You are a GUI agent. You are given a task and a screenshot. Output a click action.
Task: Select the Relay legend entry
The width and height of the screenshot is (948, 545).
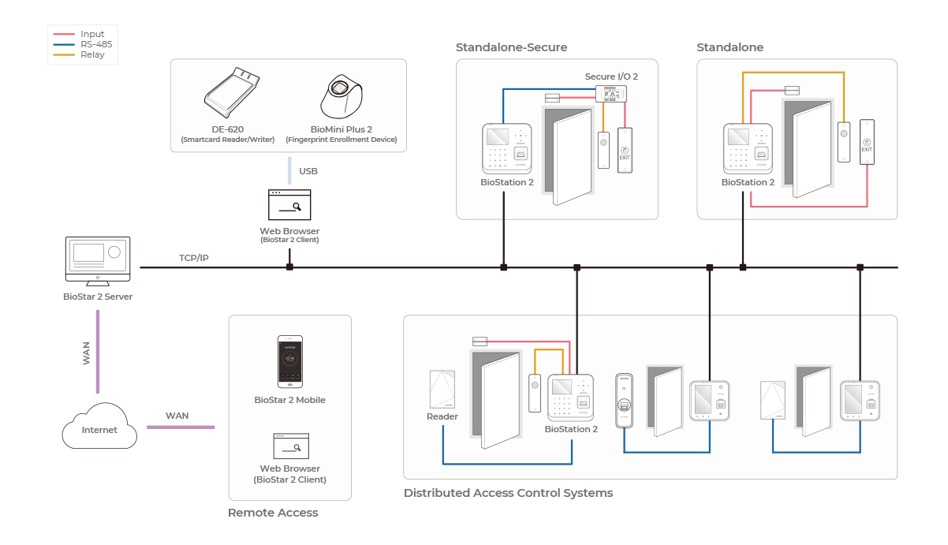(x=91, y=54)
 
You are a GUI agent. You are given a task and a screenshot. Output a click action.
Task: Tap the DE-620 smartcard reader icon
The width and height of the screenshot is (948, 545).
(x=233, y=98)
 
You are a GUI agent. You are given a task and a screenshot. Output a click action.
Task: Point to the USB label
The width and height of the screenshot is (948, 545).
(x=308, y=170)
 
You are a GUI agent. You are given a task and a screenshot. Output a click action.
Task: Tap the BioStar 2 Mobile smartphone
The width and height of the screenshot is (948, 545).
(x=289, y=362)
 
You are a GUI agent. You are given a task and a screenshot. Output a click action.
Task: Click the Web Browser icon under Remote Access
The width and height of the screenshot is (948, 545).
(x=289, y=446)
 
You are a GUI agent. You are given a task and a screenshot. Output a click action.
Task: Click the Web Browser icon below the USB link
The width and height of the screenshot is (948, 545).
(x=289, y=205)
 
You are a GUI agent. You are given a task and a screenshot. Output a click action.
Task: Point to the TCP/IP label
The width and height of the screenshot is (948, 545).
(x=194, y=258)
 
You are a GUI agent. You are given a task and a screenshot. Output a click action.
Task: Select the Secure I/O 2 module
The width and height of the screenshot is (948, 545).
(x=610, y=93)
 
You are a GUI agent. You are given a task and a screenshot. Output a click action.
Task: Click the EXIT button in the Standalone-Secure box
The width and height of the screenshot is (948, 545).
(x=625, y=150)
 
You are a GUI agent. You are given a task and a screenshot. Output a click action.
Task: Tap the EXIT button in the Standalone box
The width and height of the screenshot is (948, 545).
(x=867, y=142)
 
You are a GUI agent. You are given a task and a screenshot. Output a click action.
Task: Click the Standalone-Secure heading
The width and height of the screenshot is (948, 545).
(x=511, y=47)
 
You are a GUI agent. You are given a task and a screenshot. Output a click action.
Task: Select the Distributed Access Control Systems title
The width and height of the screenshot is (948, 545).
(x=508, y=493)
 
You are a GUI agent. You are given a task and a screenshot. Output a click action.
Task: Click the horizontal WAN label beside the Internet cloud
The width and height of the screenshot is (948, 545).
(x=177, y=416)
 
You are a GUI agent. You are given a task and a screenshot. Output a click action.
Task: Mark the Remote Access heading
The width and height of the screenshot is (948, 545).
(x=273, y=513)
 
